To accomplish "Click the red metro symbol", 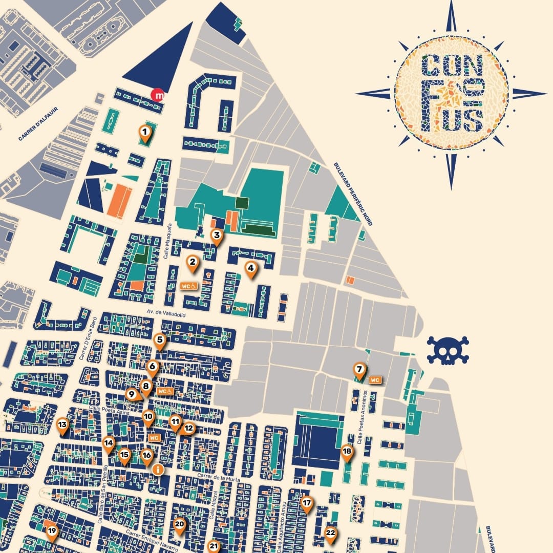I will point(159,95).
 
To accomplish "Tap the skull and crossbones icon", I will point(448,350).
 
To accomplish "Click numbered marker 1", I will point(145,134).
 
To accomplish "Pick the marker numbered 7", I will point(359,369).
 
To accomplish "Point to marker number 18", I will point(347,452).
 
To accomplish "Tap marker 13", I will point(62,424).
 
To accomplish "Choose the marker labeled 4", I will point(250,268).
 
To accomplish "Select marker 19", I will point(52,531).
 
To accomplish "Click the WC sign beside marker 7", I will point(375,380).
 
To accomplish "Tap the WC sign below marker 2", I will point(188,286).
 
